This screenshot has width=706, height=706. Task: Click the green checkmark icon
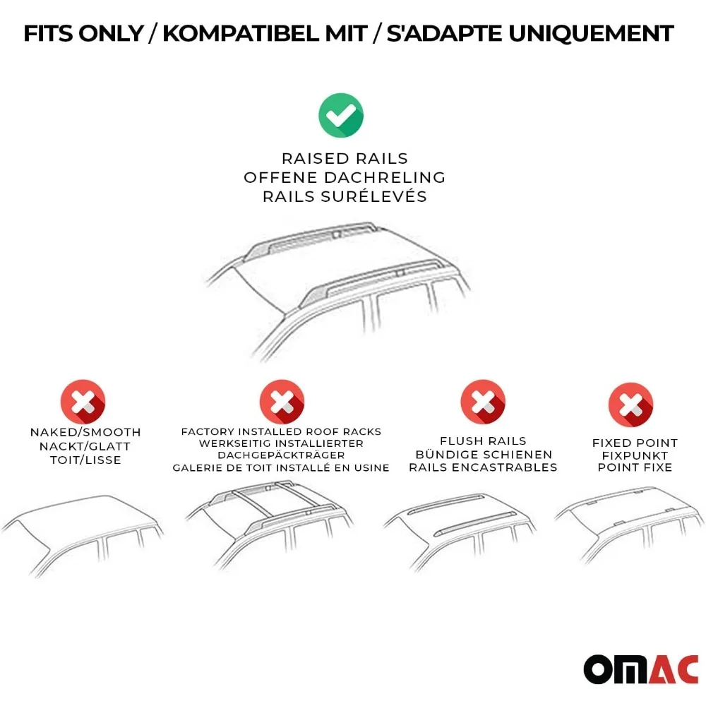pos(341,115)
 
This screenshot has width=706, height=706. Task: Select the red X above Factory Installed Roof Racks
pos(282,402)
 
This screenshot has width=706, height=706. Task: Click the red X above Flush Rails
pos(483,402)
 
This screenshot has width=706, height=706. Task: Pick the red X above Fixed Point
pos(631,406)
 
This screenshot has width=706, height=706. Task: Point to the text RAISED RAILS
pos(345,159)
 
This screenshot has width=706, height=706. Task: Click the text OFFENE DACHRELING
pos(345,177)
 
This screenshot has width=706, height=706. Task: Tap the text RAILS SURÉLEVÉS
pos(345,196)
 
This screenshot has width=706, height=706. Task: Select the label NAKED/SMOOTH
pos(85,432)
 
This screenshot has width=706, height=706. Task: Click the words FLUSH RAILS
pos(483,441)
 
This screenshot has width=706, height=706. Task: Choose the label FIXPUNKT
pos(635,455)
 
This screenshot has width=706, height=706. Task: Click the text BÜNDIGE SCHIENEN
pos(484,455)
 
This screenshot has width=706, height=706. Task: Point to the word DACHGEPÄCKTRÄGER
pos(281,455)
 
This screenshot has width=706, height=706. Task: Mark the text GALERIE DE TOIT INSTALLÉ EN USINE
pos(281,467)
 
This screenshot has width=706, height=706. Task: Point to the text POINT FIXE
pos(635,467)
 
